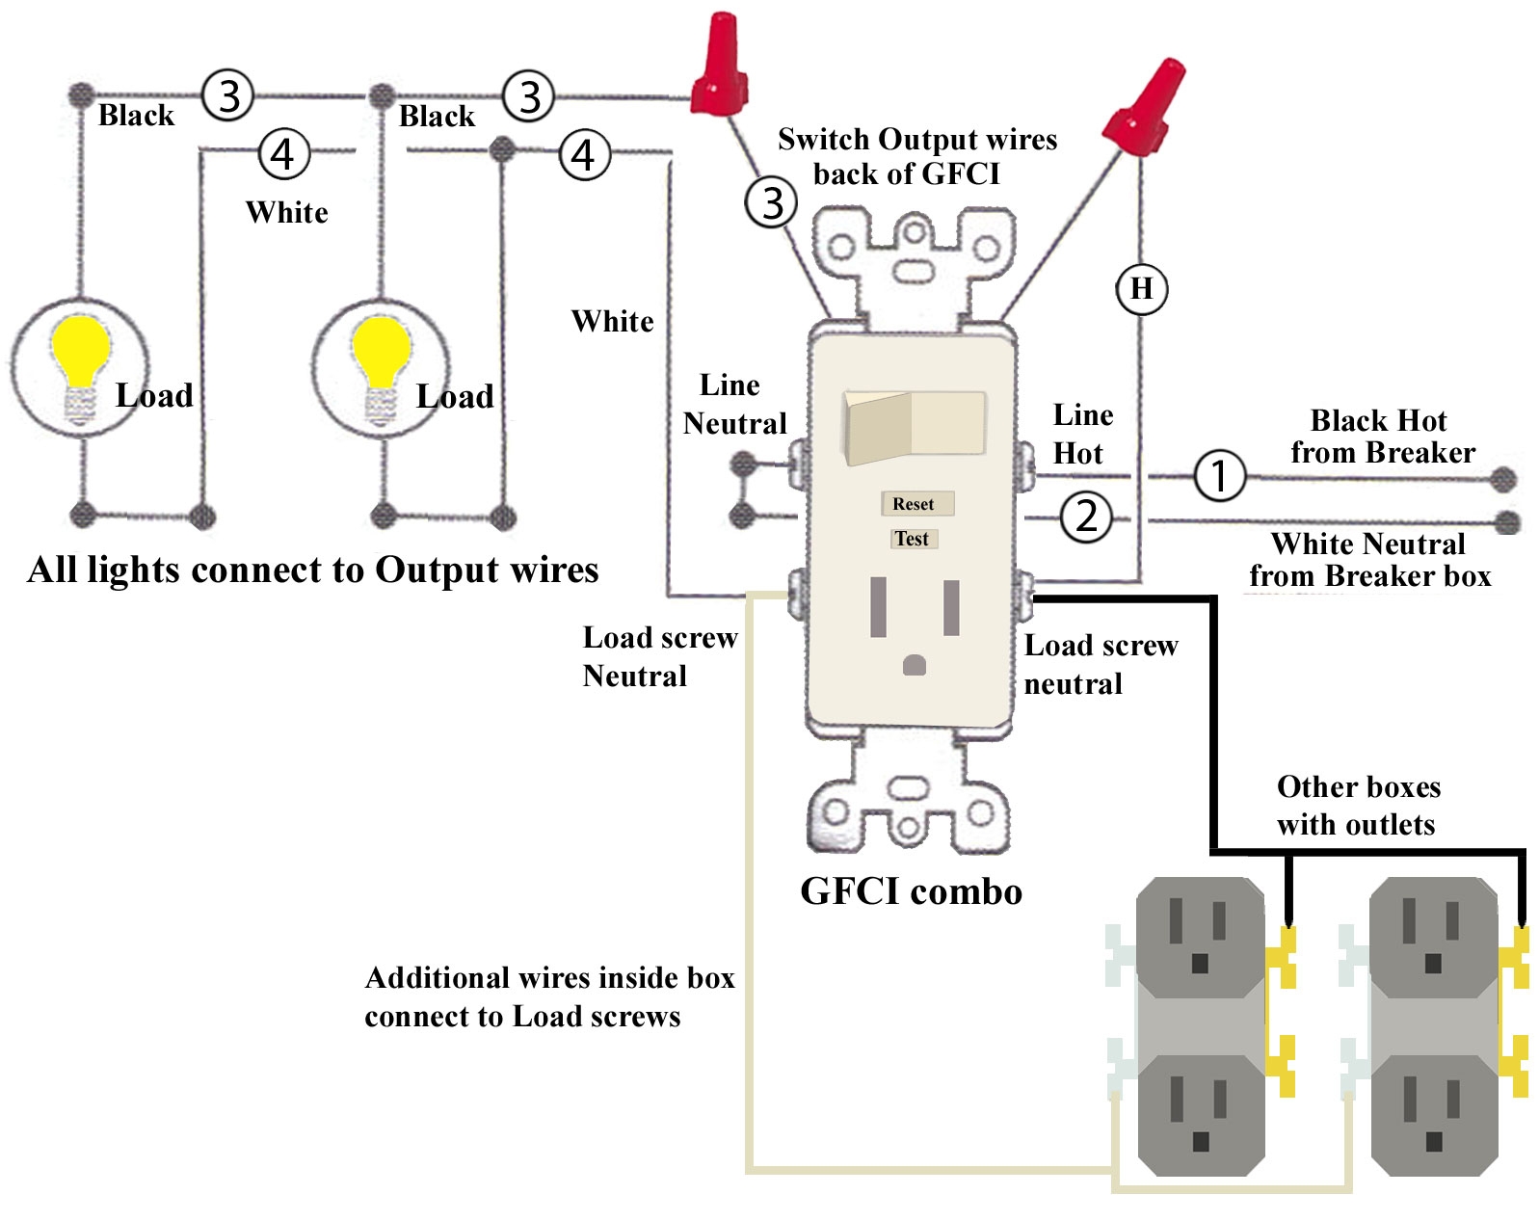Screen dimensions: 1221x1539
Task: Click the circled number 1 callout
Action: (1219, 475)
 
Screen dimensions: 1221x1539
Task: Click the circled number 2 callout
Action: (1086, 517)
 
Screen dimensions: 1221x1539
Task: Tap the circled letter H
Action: (1141, 288)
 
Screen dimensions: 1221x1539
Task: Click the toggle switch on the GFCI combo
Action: (914, 425)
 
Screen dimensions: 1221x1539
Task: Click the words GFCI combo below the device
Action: (911, 891)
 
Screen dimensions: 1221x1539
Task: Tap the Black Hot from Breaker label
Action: (1382, 437)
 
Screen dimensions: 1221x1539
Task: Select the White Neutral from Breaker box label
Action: (1369, 560)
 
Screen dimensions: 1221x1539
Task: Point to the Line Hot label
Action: (1082, 435)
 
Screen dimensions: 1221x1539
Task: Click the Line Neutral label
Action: (733, 405)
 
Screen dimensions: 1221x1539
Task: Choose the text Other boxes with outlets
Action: (1357, 806)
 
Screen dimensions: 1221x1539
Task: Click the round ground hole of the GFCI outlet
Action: (914, 665)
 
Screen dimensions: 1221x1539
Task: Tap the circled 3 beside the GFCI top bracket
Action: (771, 202)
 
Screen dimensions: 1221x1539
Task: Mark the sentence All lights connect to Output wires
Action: (313, 570)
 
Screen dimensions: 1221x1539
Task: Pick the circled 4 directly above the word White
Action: (283, 154)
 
